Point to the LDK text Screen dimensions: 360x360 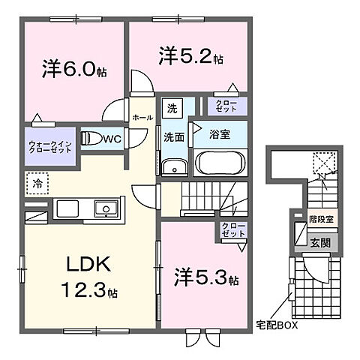[90, 265]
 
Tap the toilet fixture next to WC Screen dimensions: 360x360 [91, 139]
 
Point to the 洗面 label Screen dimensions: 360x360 [173, 137]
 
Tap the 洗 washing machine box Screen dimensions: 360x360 [171, 107]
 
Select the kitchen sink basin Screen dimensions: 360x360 [104, 208]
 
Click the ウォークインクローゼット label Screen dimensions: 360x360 [50, 145]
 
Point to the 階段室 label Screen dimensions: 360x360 [324, 223]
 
